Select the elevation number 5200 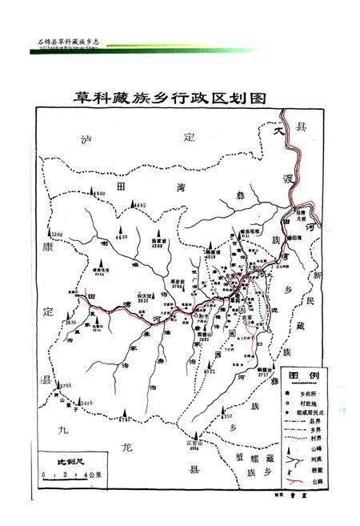(x=56, y=233)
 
